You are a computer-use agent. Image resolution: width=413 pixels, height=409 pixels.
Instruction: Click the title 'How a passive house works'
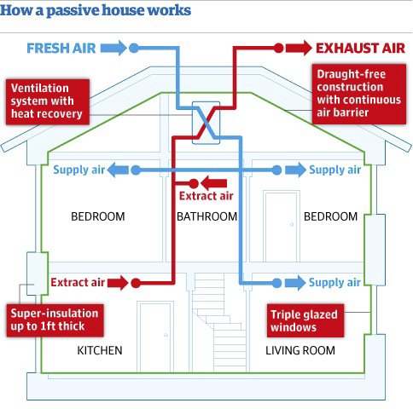96,10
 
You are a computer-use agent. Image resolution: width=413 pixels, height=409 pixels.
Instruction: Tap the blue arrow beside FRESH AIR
113,48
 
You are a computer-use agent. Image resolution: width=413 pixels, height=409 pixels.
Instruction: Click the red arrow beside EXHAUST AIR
299,48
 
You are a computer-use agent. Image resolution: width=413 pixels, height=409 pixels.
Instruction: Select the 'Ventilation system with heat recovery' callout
48,101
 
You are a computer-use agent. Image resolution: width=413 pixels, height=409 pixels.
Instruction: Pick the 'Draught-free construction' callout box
359,94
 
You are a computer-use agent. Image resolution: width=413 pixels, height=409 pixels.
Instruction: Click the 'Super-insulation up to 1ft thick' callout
55,320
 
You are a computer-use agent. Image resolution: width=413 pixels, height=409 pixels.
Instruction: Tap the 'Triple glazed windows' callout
305,320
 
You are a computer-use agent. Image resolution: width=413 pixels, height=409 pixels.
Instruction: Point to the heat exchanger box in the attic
206,123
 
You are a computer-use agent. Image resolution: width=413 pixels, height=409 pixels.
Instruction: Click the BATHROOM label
206,216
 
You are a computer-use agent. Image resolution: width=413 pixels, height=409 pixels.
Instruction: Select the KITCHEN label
100,350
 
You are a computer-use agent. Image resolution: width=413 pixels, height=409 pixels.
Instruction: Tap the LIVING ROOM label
300,350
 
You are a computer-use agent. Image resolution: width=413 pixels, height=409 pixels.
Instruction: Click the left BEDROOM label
98,216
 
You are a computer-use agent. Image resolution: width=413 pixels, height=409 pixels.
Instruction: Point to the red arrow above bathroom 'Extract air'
213,183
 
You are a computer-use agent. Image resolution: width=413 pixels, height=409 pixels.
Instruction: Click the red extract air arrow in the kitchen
118,283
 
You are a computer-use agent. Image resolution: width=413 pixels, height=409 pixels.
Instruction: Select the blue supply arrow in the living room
295,283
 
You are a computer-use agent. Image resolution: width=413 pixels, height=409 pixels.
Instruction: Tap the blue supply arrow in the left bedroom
118,170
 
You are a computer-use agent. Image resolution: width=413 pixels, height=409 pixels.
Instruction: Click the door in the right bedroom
282,227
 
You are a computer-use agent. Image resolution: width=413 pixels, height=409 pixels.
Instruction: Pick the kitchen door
155,337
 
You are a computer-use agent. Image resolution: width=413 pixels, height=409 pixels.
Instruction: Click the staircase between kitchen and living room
219,323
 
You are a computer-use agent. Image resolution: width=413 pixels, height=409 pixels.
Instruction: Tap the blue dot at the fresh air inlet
134,48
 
